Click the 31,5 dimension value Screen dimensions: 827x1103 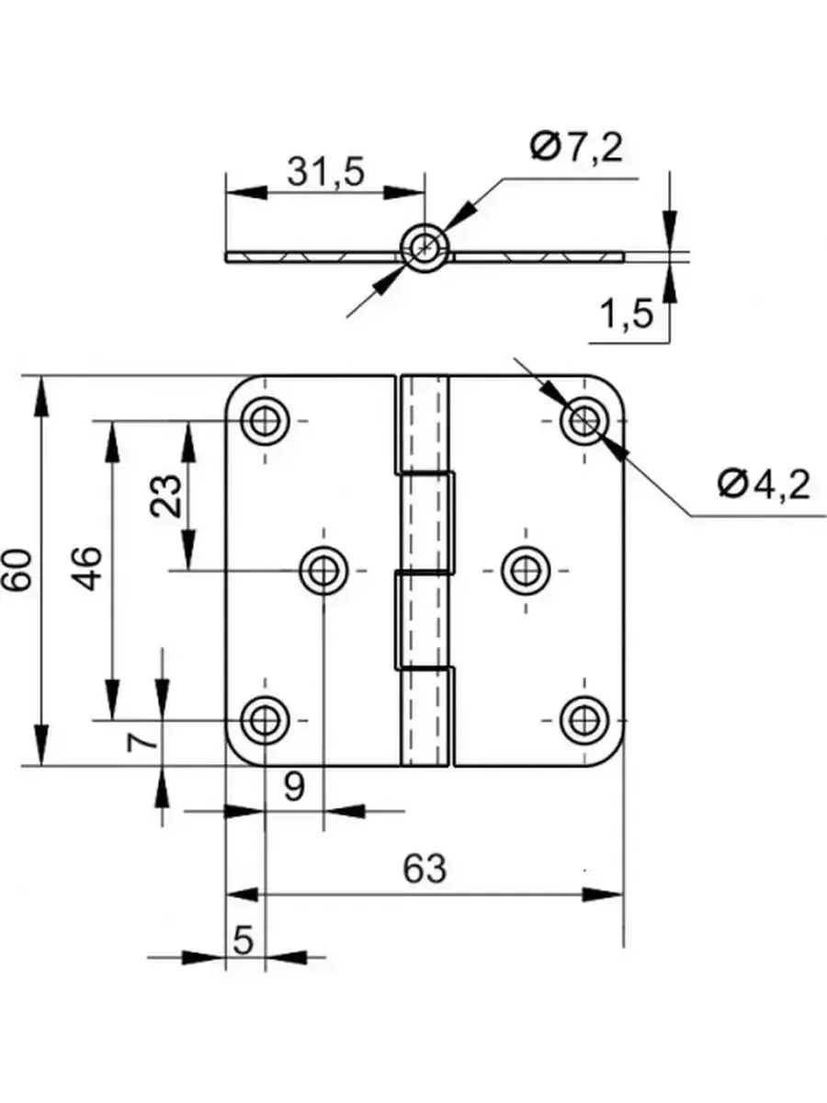tap(326, 173)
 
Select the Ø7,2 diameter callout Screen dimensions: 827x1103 tap(576, 147)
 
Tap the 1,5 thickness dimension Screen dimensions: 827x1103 tap(627, 315)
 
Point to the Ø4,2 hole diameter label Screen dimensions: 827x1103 tap(765, 483)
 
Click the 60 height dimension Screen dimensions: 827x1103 tap(20, 570)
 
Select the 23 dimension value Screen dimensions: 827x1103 tap(166, 496)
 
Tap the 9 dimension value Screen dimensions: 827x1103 tap(293, 787)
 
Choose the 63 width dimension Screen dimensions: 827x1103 tap(425, 869)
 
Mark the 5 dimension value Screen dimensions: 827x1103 tap(244, 940)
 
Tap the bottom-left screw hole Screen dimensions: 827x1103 tap(265, 718)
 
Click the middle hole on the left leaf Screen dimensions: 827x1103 tap(323, 570)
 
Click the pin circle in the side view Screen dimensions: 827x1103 tap(425, 246)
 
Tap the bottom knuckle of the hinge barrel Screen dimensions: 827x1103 tap(425, 717)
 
